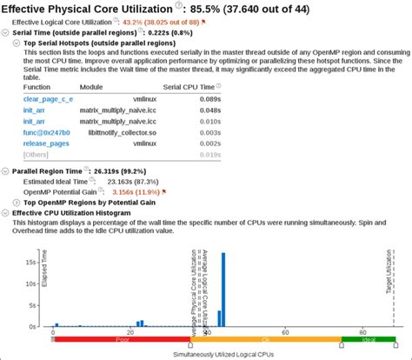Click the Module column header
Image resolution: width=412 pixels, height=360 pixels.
pyautogui.click(x=91, y=88)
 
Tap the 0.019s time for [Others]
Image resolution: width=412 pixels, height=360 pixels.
pyautogui.click(x=206, y=154)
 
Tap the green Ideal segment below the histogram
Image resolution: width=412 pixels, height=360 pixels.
pyautogui.click(x=369, y=339)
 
